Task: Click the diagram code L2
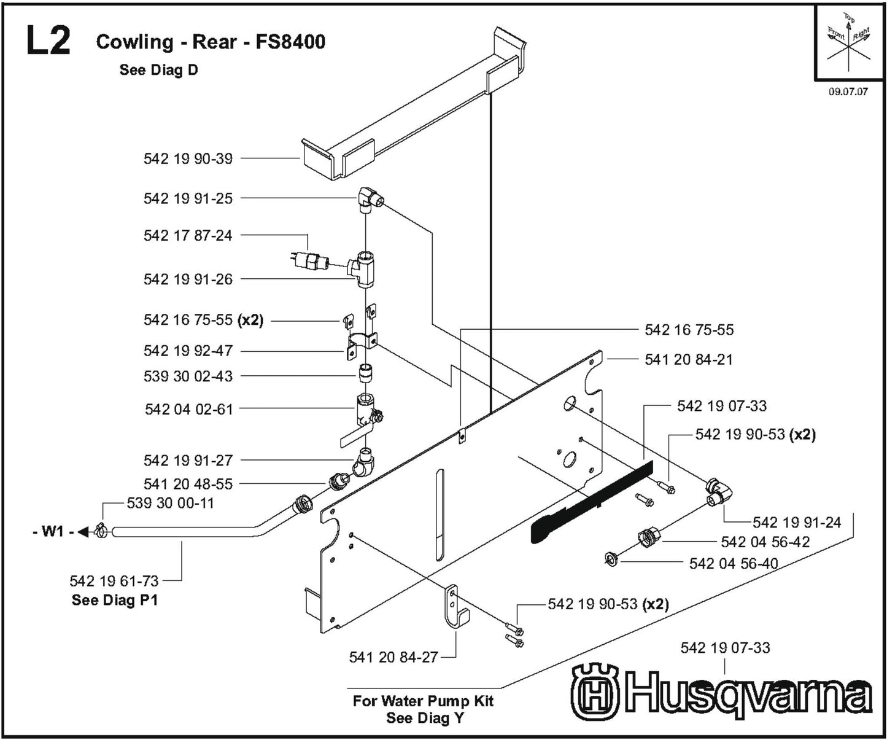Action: pyautogui.click(x=48, y=42)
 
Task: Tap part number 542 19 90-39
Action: pyautogui.click(x=188, y=158)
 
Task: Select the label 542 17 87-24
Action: pyautogui.click(x=188, y=235)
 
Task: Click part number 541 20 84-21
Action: pyautogui.click(x=689, y=359)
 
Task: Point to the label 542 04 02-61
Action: pyautogui.click(x=189, y=409)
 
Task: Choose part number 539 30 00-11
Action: pyautogui.click(x=171, y=503)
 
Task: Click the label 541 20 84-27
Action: pyautogui.click(x=393, y=658)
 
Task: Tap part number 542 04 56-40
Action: pyautogui.click(x=734, y=563)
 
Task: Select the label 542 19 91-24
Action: pyautogui.click(x=797, y=523)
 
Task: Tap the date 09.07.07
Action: pyautogui.click(x=848, y=92)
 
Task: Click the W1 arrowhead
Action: pyautogui.click(x=84, y=531)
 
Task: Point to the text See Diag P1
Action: pyautogui.click(x=115, y=600)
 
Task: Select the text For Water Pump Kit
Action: pyautogui.click(x=423, y=701)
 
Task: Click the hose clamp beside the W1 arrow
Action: pyautogui.click(x=101, y=531)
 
